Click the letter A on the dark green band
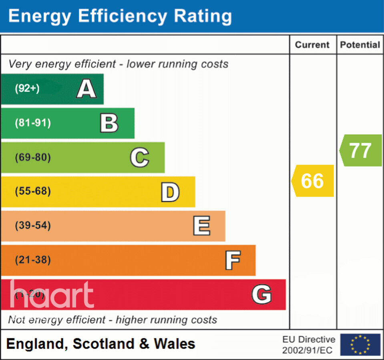pos(86,89)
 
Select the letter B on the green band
pos(109,123)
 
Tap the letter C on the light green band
pos(140,158)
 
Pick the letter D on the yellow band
pos(170,192)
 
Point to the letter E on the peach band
pos(201,226)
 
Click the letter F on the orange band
pos(233,260)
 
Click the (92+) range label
pos(27,88)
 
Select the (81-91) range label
pos(33,123)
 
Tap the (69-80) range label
pos(33,157)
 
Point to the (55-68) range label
pos(33,192)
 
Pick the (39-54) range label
pos(33,226)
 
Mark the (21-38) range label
pos(33,260)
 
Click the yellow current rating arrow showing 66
pos(312,181)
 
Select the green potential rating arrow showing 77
pos(360,150)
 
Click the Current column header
pos(312,45)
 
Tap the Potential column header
pos(360,45)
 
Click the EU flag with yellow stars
pos(360,344)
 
